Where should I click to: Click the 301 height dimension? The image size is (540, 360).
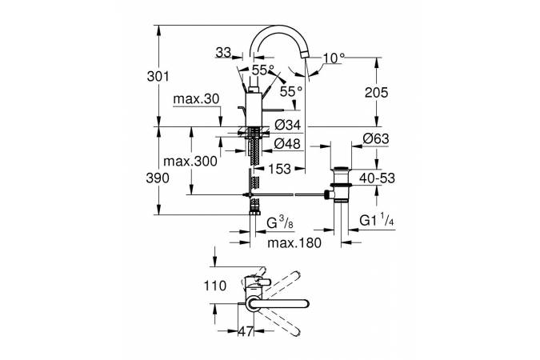[x=160, y=77]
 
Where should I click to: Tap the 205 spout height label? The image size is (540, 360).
[x=375, y=93]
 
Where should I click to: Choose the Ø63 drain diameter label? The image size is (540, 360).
[x=375, y=138]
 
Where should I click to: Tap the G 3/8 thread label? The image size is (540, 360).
[x=272, y=221]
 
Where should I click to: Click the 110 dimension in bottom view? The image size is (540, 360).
[x=215, y=286]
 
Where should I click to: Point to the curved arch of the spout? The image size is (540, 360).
[x=279, y=32]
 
